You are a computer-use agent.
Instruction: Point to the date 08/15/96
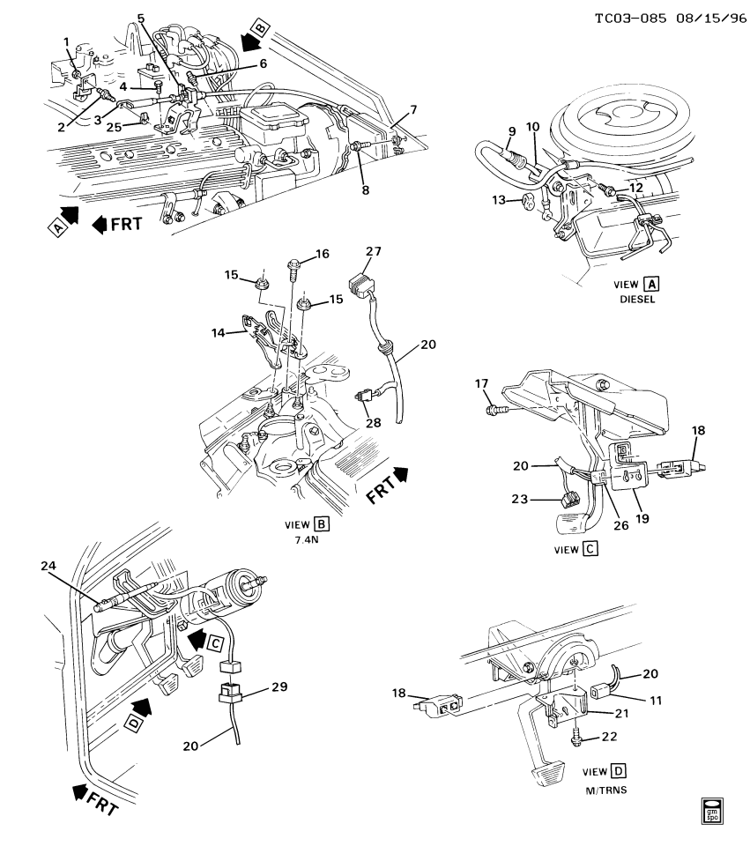(x=704, y=18)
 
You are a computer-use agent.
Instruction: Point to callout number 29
(x=254, y=686)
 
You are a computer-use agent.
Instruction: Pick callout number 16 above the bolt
(x=322, y=254)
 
